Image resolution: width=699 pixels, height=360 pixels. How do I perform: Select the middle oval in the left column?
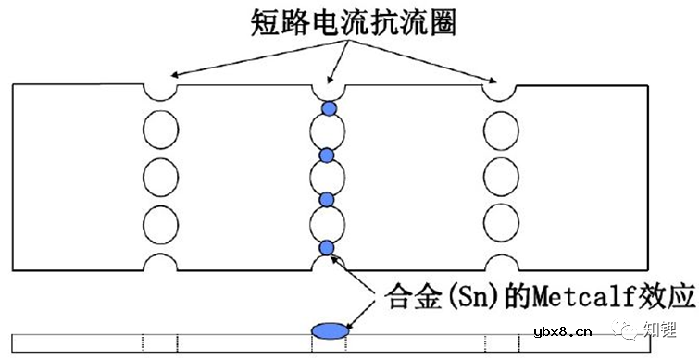[160, 173]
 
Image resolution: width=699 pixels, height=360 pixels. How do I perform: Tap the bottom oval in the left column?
[160, 222]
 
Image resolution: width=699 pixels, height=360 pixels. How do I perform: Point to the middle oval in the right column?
[500, 173]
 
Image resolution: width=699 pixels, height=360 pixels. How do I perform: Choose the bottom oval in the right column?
[500, 222]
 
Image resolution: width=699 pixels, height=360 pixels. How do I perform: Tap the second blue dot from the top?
[326, 154]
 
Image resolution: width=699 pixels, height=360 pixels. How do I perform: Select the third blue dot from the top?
[326, 199]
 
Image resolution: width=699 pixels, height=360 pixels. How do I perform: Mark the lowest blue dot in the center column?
[326, 246]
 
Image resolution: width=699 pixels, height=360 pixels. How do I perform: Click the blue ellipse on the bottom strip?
[329, 330]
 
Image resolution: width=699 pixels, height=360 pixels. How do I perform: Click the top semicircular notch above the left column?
[160, 89]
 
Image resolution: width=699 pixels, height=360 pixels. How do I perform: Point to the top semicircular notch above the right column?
[500, 89]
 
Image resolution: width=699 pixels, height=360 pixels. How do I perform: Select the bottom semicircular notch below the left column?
[160, 265]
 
